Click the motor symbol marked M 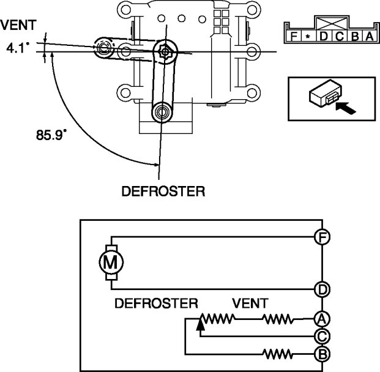click(111, 262)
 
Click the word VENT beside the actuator click(18, 26)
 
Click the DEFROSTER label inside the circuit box click(157, 303)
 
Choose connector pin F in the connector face click(294, 36)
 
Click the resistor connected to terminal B click(279, 354)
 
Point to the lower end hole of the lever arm click(162, 112)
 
